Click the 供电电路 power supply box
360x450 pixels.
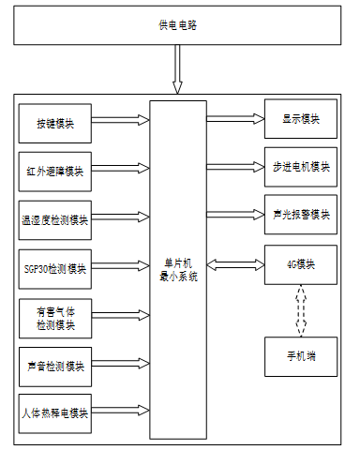click(x=177, y=25)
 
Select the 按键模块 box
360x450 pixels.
click(x=55, y=124)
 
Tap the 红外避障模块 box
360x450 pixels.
click(x=55, y=172)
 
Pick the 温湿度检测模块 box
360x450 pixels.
click(x=55, y=220)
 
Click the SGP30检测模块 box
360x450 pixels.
click(x=55, y=269)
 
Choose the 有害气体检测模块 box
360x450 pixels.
click(x=55, y=319)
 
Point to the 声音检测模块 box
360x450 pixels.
click(x=55, y=367)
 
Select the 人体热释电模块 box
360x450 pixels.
click(x=55, y=413)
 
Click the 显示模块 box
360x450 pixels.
click(x=301, y=119)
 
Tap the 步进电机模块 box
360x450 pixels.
click(x=301, y=167)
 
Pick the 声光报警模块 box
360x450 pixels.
click(x=301, y=215)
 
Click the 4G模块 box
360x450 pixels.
click(x=301, y=264)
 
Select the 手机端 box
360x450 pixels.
click(x=301, y=356)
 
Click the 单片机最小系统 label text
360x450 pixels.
click(x=178, y=270)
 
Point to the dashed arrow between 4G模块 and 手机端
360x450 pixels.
click(x=301, y=310)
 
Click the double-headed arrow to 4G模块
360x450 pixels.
click(x=235, y=265)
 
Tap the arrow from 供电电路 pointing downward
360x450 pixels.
click(x=177, y=69)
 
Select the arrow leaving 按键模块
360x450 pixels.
click(x=120, y=120)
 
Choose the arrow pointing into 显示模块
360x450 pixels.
click(x=235, y=118)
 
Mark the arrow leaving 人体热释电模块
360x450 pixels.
click(x=120, y=411)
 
